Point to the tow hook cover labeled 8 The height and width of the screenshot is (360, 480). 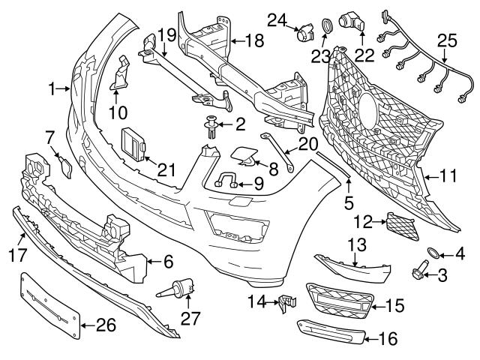coord(244,154)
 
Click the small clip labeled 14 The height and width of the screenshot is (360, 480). coord(284,304)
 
